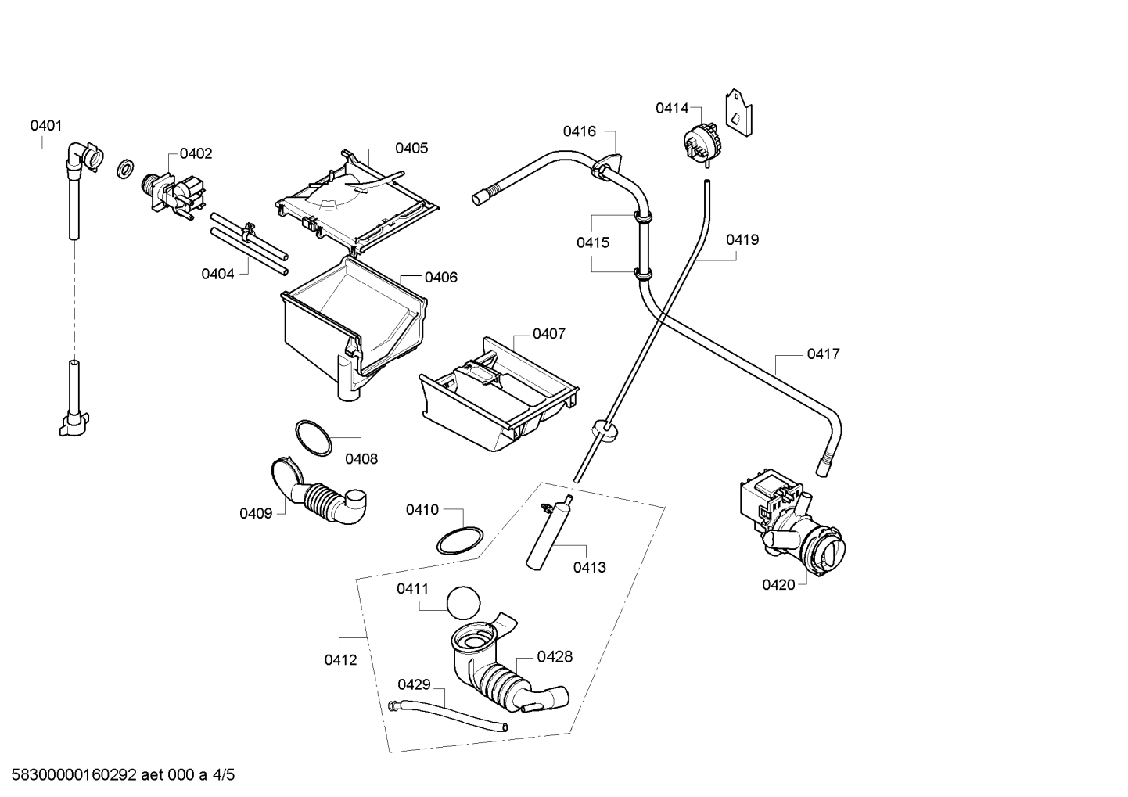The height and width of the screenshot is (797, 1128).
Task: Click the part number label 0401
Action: [x=46, y=126]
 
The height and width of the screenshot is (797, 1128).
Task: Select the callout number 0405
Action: [x=411, y=149]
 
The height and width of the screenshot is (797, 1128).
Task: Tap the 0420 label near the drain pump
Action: [x=778, y=585]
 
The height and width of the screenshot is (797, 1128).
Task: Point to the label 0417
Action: [x=824, y=354]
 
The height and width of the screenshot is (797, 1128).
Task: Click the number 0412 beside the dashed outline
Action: [x=340, y=660]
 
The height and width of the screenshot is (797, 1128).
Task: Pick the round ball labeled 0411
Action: [x=463, y=603]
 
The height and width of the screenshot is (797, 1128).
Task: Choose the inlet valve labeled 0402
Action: [x=174, y=196]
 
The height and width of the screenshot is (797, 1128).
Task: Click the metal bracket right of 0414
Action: [x=738, y=113]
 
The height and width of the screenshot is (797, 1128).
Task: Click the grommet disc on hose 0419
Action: [x=604, y=432]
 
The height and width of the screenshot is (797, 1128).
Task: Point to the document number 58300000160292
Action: [x=74, y=775]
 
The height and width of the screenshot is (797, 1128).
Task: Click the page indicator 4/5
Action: [x=224, y=775]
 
